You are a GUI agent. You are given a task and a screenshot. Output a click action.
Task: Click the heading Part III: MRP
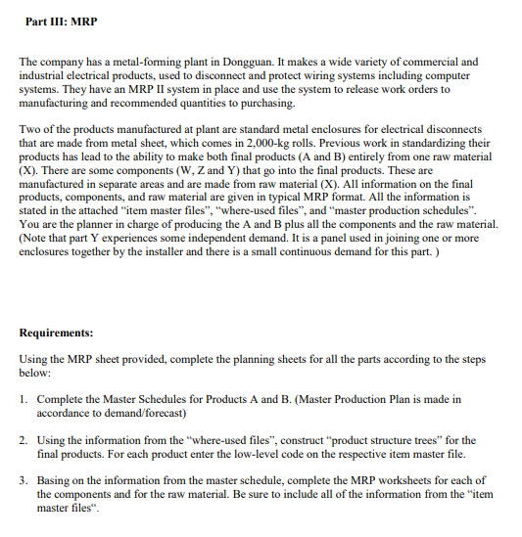(x=62, y=21)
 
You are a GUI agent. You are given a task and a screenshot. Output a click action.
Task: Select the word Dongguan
(x=272, y=62)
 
